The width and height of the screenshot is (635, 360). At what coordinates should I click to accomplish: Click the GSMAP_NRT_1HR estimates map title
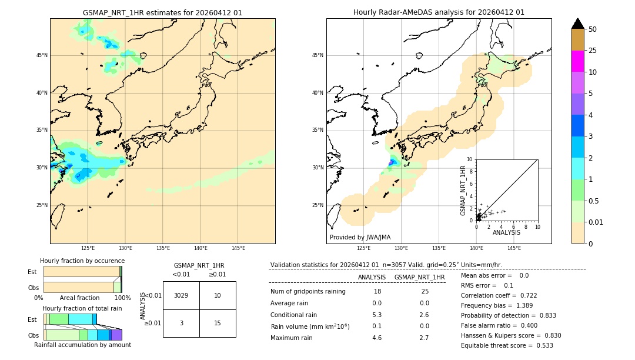point(162,12)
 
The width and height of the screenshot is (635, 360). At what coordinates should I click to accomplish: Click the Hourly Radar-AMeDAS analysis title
point(439,12)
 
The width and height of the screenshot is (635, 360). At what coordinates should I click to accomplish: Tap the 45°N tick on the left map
point(42,55)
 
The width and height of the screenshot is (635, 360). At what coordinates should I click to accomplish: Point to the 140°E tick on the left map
point(200,248)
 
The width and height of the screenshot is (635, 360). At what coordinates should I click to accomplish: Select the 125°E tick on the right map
point(364,248)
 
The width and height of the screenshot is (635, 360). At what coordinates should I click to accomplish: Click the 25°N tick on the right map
point(317,205)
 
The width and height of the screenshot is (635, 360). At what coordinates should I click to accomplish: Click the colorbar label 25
point(593,51)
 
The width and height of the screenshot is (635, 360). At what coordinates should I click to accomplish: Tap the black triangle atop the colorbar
point(578,24)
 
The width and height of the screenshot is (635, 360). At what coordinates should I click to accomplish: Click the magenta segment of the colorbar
point(578,61)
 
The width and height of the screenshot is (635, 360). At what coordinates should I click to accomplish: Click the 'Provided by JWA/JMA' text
point(360,238)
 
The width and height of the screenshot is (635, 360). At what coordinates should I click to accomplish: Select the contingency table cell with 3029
point(181,295)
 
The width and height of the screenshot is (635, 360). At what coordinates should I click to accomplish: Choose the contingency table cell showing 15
point(218,323)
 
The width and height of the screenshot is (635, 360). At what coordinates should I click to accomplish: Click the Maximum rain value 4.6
point(377,338)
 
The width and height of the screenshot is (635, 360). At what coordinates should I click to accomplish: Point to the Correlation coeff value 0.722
point(524,295)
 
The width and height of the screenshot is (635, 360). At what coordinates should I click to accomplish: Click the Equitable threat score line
point(507,345)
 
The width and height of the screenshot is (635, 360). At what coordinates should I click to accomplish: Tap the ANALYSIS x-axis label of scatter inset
point(506,232)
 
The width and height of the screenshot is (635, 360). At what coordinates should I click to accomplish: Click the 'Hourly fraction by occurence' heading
point(82,261)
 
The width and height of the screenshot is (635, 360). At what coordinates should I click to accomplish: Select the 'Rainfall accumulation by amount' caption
point(83,345)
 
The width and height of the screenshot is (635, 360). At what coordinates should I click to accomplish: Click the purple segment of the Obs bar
point(116,335)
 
